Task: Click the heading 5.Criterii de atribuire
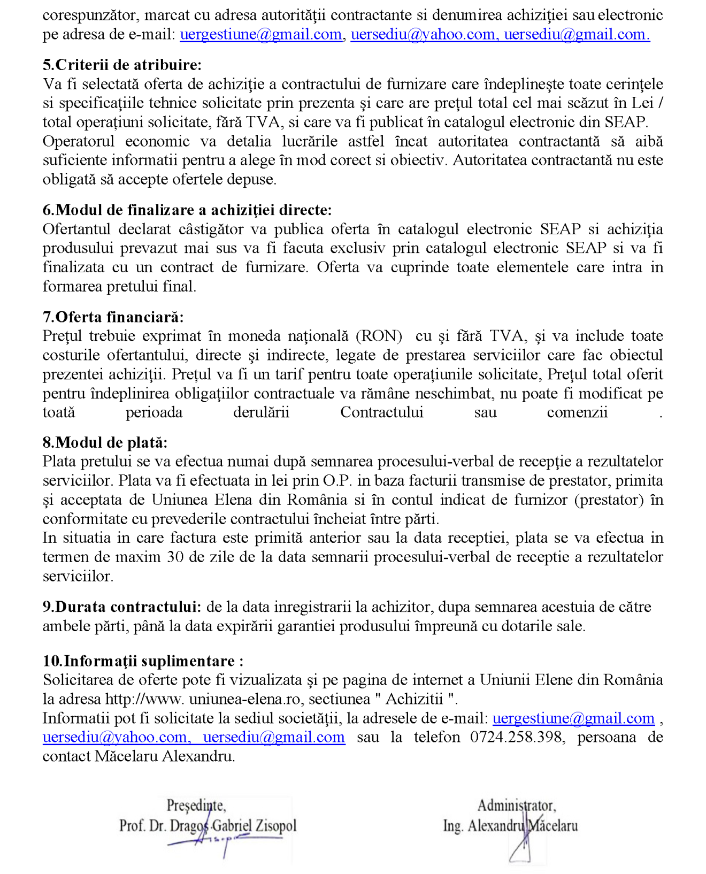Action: pos(122,65)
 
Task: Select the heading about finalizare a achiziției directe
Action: pos(187,210)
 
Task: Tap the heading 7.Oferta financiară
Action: pos(113,317)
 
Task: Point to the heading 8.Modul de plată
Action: pos(105,442)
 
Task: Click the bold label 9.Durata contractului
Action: pos(122,607)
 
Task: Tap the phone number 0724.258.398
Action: pos(516,737)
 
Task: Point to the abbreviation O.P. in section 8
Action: pos(337,480)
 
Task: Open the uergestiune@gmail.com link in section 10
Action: pos(573,718)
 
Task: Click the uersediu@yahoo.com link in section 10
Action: pos(114,737)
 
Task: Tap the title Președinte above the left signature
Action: pos(196,805)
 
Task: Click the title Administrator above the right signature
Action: pos(516,805)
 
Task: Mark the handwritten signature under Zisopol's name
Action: pos(225,841)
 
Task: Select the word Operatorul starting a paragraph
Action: pos(79,141)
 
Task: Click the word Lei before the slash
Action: pos(642,103)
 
